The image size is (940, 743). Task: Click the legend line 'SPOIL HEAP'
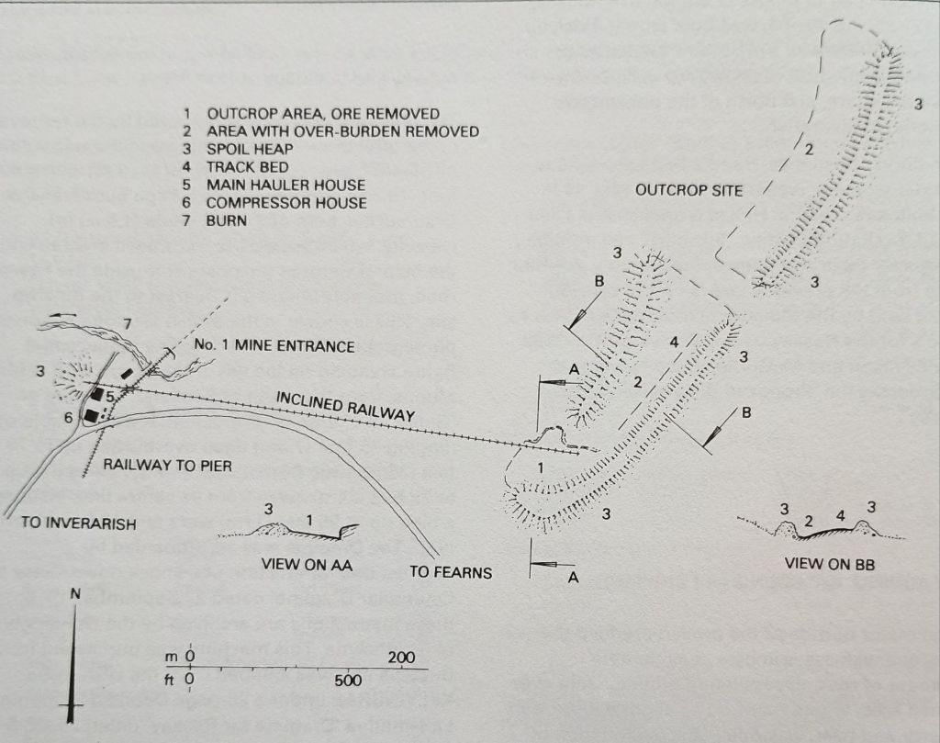(x=239, y=150)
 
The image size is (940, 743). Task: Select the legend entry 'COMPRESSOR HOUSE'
(x=274, y=203)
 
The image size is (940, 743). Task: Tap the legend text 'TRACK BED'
(x=236, y=167)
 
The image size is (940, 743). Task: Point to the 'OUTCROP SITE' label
(x=688, y=191)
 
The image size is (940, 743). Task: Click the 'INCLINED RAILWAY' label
(x=345, y=406)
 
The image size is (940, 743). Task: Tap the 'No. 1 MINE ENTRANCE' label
(x=274, y=346)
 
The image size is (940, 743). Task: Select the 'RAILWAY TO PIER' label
(x=167, y=466)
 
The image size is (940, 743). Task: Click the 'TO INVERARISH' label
(x=79, y=523)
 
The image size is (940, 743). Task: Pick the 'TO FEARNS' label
(x=451, y=572)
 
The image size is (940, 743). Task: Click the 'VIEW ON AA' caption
(x=307, y=564)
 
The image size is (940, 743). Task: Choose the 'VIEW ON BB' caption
(x=830, y=564)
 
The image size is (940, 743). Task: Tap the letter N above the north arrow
(x=75, y=593)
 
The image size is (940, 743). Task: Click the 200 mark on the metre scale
(x=401, y=658)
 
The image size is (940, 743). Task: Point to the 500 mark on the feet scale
(x=348, y=680)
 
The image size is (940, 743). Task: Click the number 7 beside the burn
(x=127, y=324)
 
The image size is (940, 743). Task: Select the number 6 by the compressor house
(x=67, y=417)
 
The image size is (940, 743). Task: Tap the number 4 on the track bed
(x=675, y=343)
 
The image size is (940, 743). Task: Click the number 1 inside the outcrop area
(x=540, y=467)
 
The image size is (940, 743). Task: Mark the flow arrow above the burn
(x=58, y=315)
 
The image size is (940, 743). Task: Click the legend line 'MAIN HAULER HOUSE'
(x=274, y=185)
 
